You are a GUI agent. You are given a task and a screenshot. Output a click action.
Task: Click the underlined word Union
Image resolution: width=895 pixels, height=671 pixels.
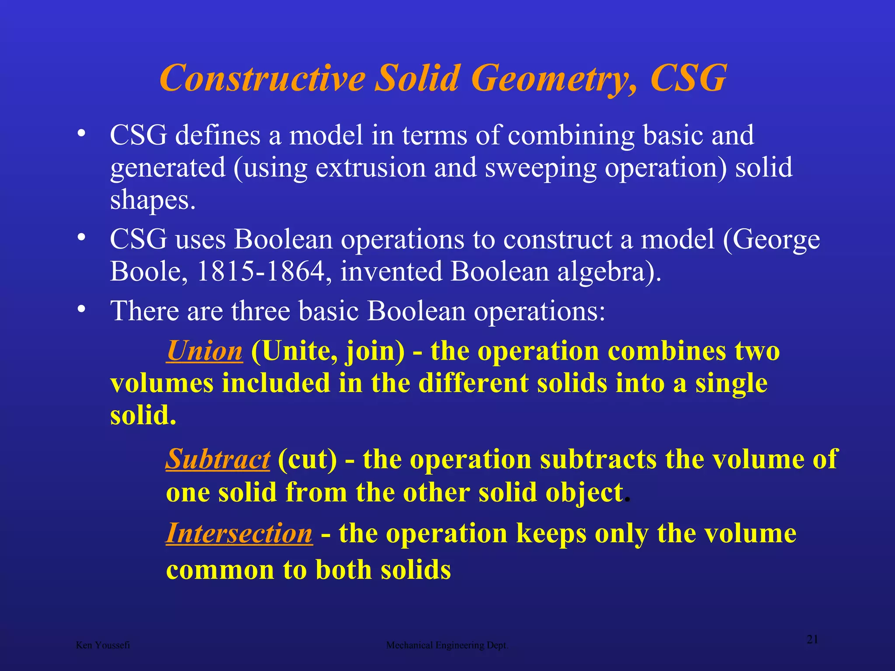[204, 351]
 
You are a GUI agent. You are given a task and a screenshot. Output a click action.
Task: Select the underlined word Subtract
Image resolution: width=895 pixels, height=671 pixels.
[218, 459]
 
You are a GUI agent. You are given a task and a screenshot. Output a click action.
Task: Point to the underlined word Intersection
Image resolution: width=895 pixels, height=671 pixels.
[239, 533]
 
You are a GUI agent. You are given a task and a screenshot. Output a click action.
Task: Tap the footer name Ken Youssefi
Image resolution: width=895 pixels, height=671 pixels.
[103, 645]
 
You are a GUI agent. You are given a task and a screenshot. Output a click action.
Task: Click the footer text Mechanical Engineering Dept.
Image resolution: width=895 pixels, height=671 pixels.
[447, 645]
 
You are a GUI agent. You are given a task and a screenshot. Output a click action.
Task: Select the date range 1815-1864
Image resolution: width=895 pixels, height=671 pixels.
[261, 271]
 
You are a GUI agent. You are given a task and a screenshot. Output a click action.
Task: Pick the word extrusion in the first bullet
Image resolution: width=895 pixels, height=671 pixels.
[371, 168]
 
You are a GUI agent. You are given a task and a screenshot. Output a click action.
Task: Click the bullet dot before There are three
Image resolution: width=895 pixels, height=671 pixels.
[81, 309]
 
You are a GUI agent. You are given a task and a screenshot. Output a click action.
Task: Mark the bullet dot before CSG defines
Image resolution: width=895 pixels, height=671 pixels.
[81, 133]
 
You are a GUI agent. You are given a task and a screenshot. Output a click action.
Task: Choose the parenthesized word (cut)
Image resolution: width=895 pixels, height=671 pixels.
[307, 460]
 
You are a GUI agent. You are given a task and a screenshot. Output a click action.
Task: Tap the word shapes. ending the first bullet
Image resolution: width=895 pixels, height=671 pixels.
[153, 201]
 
